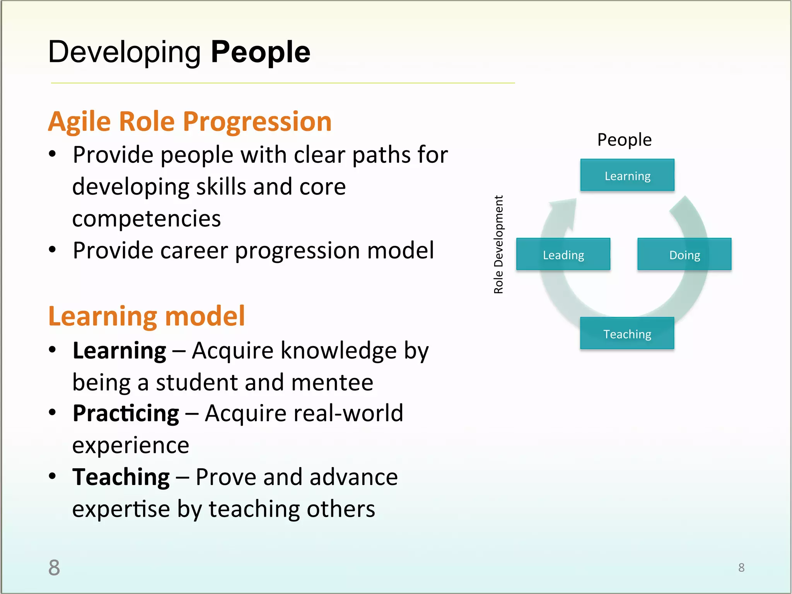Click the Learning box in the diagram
pyautogui.click(x=627, y=175)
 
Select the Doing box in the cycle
pyautogui.click(x=684, y=254)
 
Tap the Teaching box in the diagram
pyautogui.click(x=627, y=333)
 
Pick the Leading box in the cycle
pyautogui.click(x=563, y=254)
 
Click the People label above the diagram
pyautogui.click(x=624, y=140)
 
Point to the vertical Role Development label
pyautogui.click(x=498, y=244)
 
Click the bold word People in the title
pyautogui.click(x=260, y=52)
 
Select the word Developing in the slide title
pyautogui.click(x=124, y=52)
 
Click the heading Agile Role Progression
pyautogui.click(x=189, y=121)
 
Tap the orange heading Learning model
pyautogui.click(x=147, y=316)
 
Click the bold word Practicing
pyautogui.click(x=126, y=413)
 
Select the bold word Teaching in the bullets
pyautogui.click(x=121, y=477)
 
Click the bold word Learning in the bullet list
pyautogui.click(x=119, y=351)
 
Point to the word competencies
pyautogui.click(x=147, y=218)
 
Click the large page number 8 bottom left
pyautogui.click(x=54, y=567)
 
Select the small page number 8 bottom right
pyautogui.click(x=741, y=567)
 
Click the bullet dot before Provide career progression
pyautogui.click(x=53, y=249)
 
